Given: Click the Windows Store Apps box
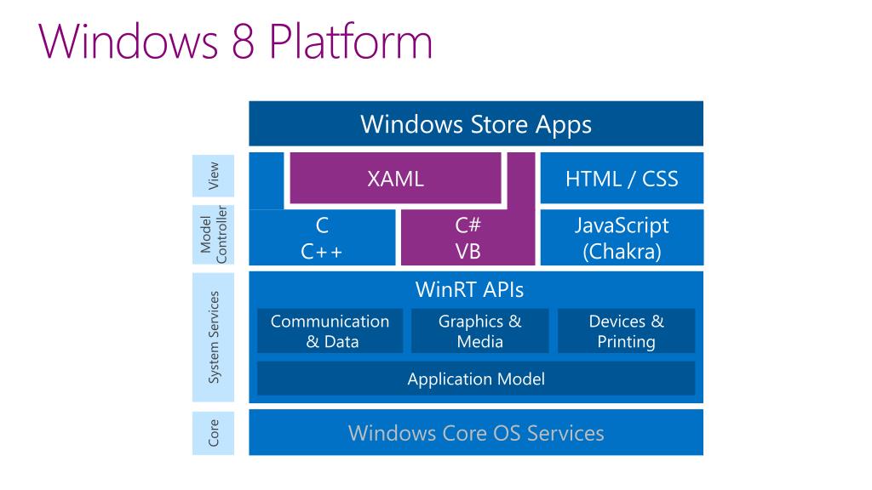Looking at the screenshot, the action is pos(476,123).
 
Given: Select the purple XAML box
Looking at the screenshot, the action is pos(395,179).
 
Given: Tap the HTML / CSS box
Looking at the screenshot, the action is pos(622,179).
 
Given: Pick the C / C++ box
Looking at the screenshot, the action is pos(322,238).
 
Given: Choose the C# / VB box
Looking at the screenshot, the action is pos(468,238).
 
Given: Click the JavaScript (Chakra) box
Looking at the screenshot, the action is pos(622,238).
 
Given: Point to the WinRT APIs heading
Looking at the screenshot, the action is pos(469,289).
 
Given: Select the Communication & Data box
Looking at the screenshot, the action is pos(330,331).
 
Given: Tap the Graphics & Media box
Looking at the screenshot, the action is pos(480,331).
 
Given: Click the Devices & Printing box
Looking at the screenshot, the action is pos(626,331).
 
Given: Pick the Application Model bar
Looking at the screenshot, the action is pos(476,379).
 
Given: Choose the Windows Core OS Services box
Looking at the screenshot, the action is pos(476,432).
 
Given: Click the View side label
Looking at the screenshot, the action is pos(213,175).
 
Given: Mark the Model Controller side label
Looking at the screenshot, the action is pos(213,235).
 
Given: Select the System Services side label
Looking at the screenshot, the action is pos(213,337).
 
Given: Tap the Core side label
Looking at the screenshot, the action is pos(213,433).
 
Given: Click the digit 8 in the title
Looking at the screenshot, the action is pos(243,41).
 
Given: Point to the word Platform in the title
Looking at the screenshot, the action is pos(351,41).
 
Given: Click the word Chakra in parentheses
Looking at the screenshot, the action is pos(622,252).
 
